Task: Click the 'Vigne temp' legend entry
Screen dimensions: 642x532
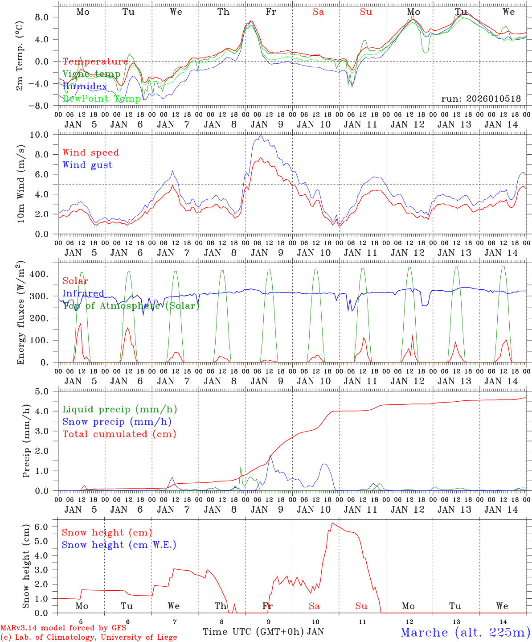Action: point(91,74)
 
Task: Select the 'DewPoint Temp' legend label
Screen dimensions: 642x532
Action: point(102,99)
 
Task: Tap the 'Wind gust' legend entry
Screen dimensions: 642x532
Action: point(87,165)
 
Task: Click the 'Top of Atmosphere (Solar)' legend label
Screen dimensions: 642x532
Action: point(131,306)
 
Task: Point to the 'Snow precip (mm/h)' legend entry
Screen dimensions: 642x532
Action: point(117,422)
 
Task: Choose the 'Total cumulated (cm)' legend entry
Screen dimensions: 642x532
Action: point(119,434)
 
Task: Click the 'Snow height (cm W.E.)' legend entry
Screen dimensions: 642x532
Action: point(119,545)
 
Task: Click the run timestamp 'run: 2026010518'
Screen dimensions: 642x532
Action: point(481,99)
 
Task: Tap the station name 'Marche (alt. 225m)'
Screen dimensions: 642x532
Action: point(465,632)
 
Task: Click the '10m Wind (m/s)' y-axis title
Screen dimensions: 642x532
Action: point(20,184)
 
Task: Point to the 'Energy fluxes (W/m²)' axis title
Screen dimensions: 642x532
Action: point(20,313)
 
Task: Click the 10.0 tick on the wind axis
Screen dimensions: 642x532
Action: point(45,135)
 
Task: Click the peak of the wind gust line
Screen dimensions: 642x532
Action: point(260,135)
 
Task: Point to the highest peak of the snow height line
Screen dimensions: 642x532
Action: point(332,523)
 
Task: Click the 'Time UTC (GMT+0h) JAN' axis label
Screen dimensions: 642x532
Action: point(263,632)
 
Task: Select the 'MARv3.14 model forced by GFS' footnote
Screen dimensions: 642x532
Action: point(63,628)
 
